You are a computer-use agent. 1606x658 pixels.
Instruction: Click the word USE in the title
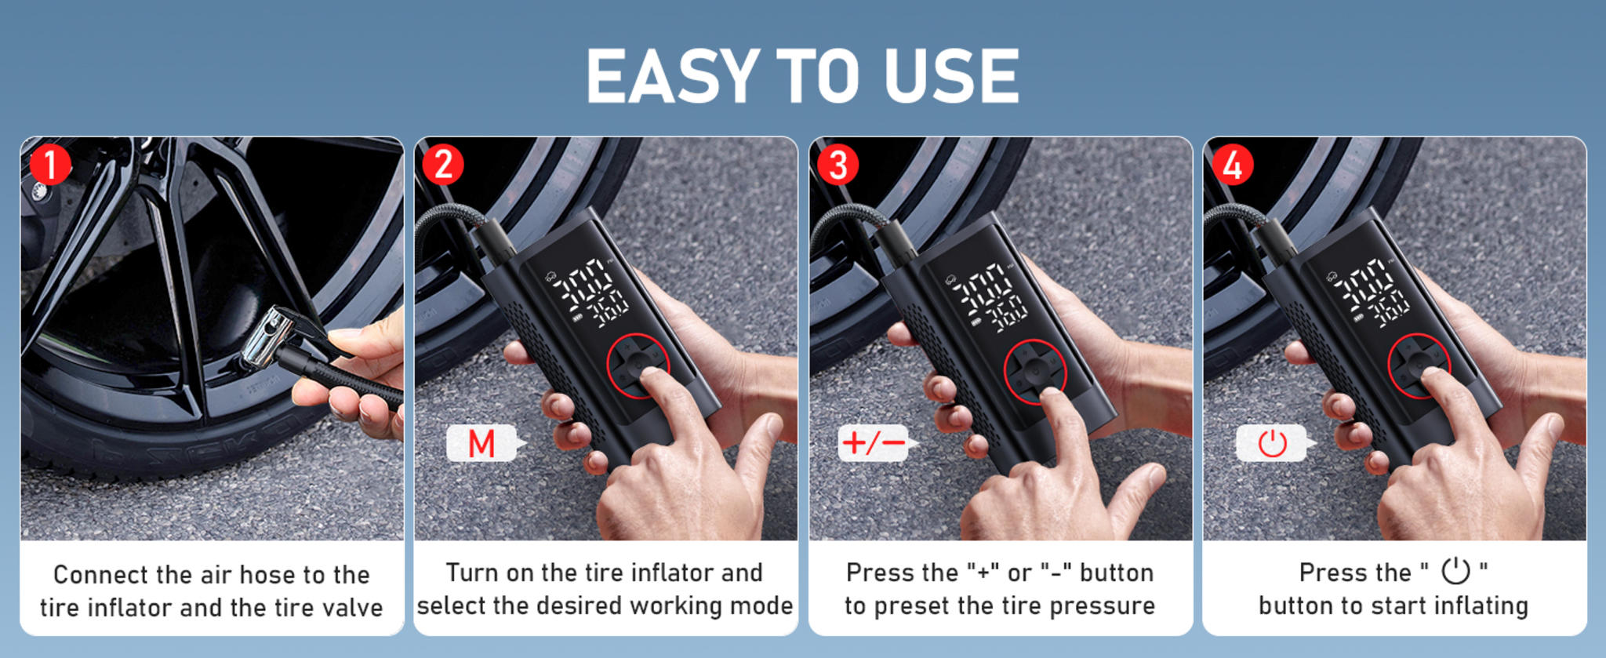pos(950,76)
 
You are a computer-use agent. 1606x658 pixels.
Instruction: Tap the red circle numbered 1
pos(50,165)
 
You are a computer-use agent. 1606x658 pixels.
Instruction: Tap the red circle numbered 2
pos(443,165)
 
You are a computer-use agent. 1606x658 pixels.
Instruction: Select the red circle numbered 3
pos(838,165)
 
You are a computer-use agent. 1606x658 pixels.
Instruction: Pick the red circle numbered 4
pos(1232,165)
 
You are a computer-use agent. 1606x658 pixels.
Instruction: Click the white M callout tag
pos(481,444)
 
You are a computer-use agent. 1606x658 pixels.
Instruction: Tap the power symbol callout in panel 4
pos(1272,444)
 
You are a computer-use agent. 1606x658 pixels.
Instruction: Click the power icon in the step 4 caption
pos(1455,571)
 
